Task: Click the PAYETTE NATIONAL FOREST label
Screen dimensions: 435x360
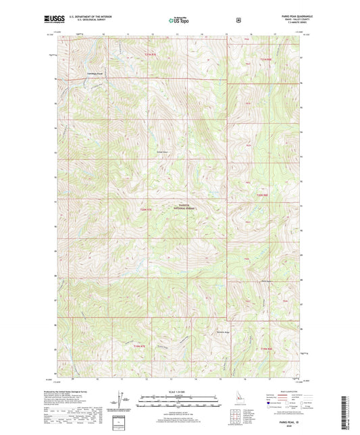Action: click(186, 208)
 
